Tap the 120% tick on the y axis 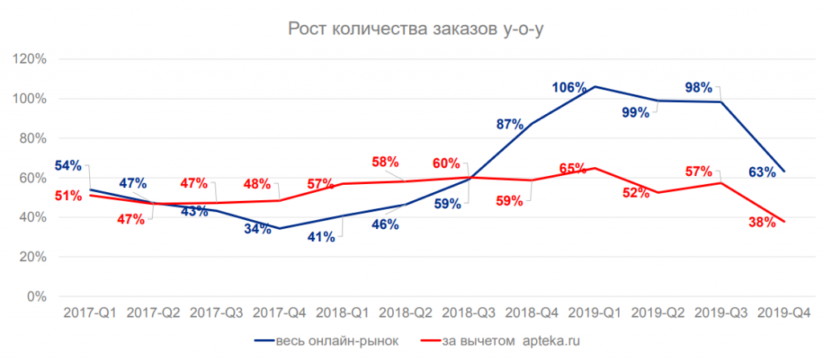tap(31, 59)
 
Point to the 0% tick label tap(37, 297)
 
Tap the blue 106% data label tap(568, 88)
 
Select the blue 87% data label tap(510, 124)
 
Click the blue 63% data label tap(760, 171)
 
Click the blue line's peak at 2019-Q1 tap(595, 86)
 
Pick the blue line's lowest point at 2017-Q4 tap(279, 228)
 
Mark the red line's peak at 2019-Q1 tap(595, 168)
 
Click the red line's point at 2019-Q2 tap(658, 193)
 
